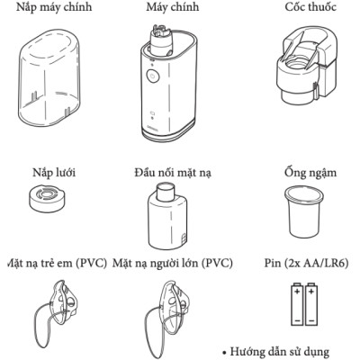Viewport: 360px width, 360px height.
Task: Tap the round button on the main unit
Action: (152, 78)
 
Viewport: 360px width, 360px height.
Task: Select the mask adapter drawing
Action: (168, 216)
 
